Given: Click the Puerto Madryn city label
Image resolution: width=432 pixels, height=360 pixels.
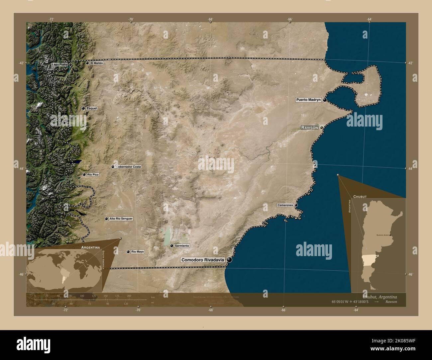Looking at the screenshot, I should coord(309,100).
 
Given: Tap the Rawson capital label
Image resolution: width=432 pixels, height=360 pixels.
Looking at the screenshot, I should coord(310,128).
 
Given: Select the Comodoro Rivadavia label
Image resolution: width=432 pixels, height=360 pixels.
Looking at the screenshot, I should coord(203,260).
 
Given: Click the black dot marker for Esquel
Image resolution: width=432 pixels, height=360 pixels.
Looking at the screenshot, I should coord(83,108).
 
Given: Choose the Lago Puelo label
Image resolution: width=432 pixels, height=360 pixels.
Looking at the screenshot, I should coord(59,64).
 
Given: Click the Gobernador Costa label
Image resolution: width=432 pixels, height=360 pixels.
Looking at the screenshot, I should coord(128,166).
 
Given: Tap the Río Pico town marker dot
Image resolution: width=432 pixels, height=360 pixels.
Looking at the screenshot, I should coord(84,174).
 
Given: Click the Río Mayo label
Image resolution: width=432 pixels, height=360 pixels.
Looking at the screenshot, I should coord(138,252).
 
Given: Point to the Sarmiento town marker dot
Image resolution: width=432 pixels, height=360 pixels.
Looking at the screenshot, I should coord(171,246).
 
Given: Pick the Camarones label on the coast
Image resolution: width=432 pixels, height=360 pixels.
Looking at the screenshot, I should coord(285,205).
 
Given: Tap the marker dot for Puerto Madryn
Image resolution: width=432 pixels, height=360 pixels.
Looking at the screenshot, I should coord(325,100).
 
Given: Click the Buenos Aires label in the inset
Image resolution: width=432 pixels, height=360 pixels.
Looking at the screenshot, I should coord(382,235).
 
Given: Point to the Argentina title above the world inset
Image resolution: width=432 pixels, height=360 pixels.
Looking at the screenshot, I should coord(91,247).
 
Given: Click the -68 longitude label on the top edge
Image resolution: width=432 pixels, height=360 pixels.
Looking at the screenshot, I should coord(210,19).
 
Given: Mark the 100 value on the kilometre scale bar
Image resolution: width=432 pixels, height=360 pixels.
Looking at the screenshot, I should coord(82,296).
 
